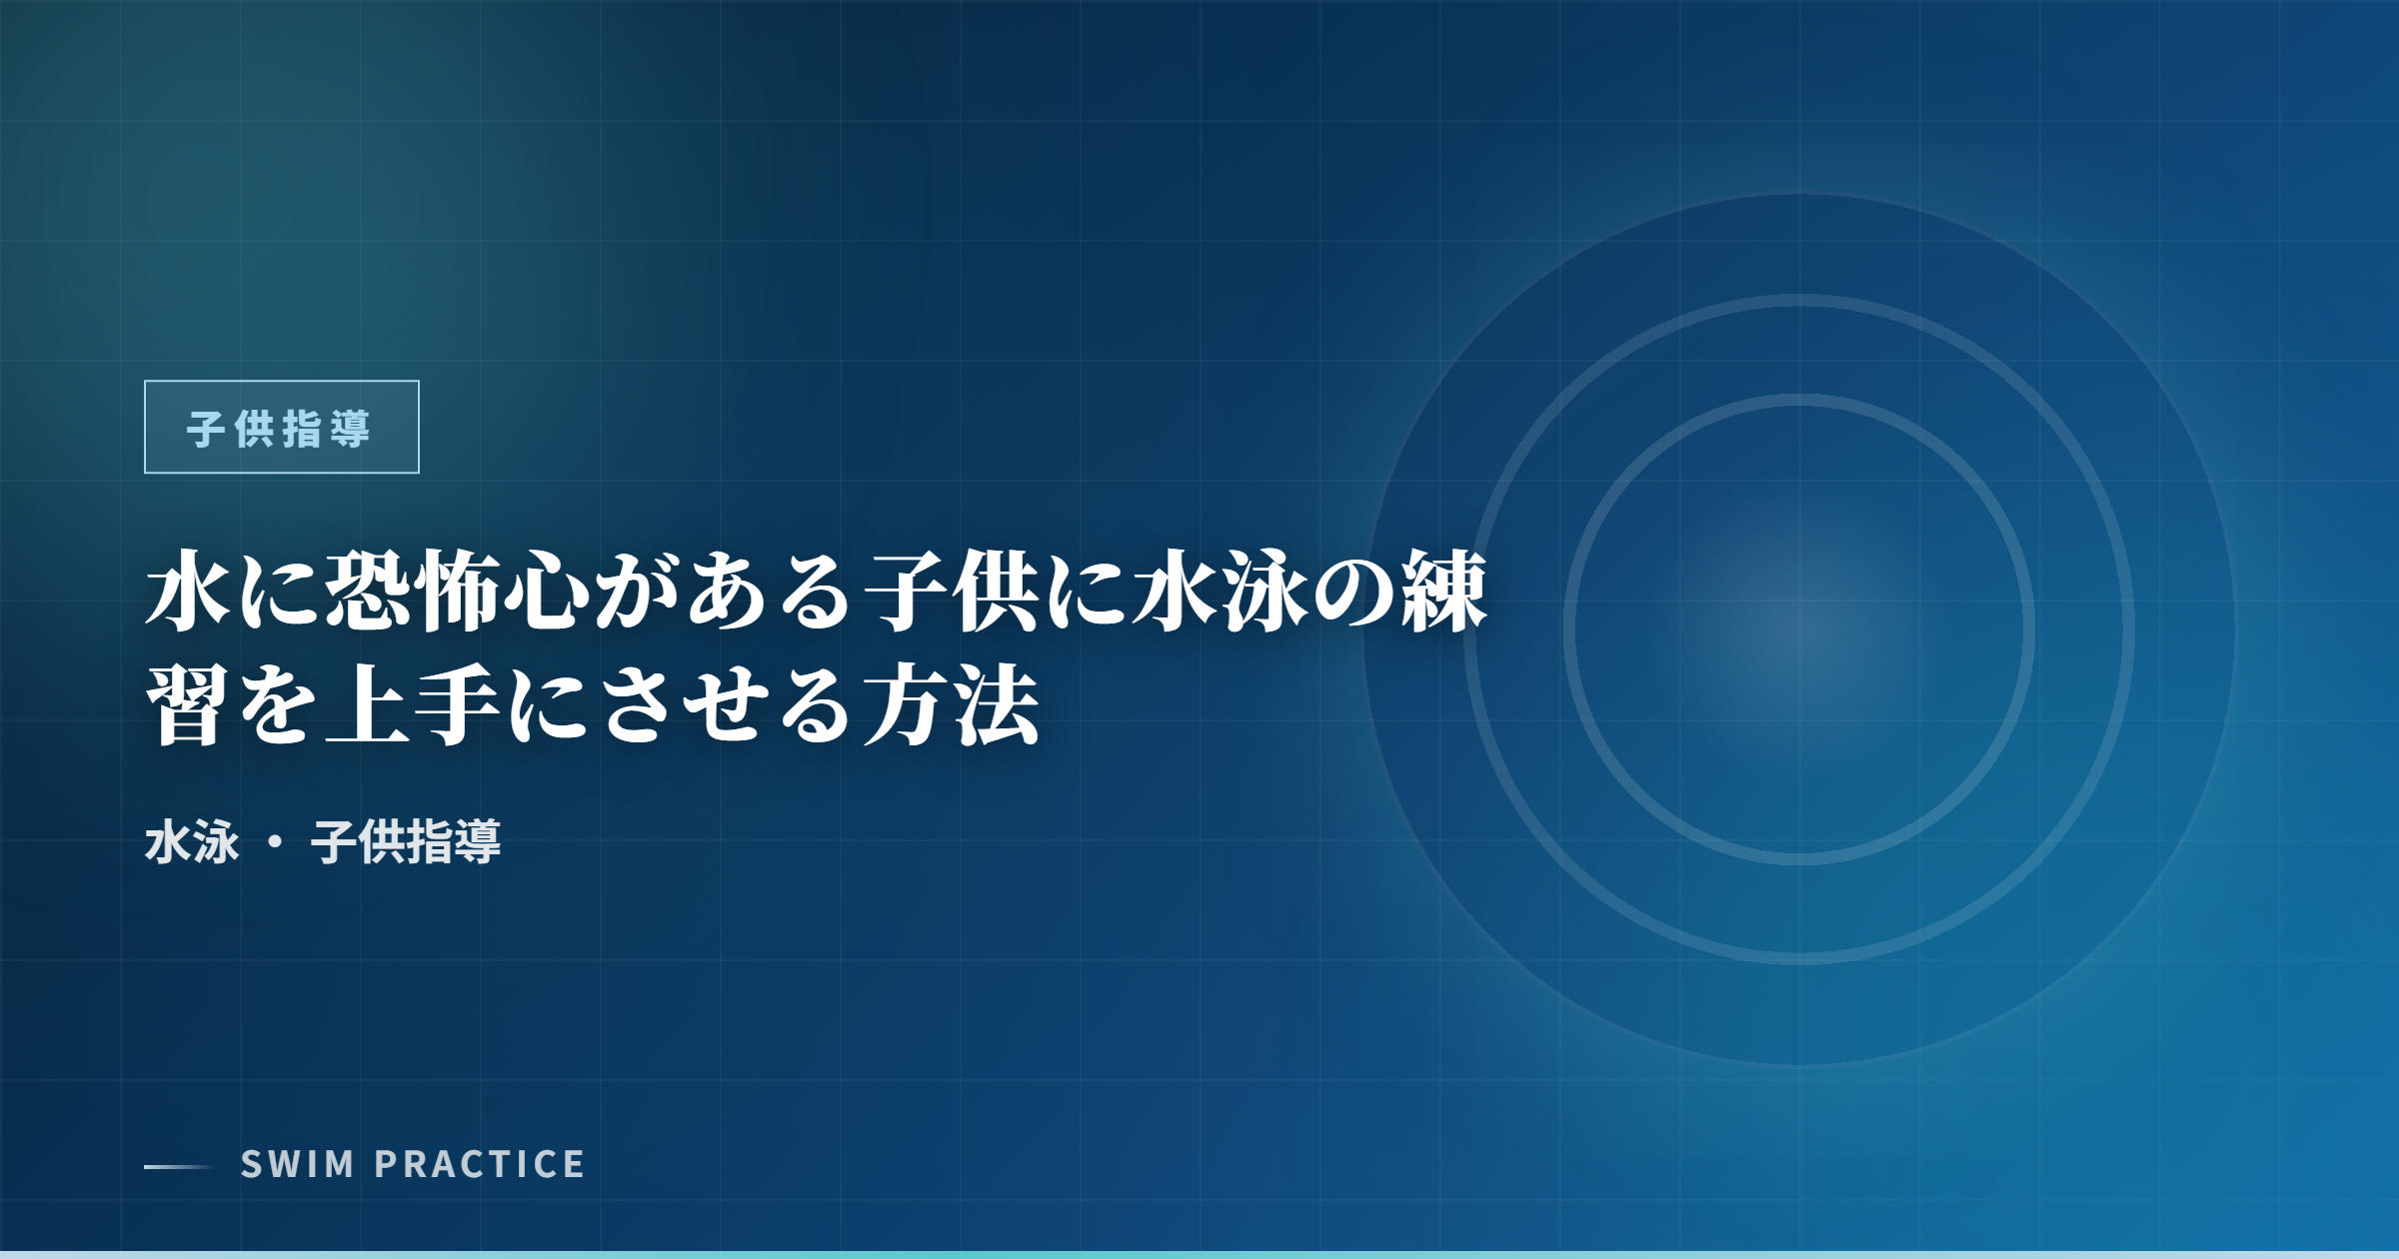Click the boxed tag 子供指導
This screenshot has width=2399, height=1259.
[281, 428]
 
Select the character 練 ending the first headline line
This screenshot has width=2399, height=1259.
[1443, 593]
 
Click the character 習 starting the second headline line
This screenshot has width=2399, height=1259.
[187, 706]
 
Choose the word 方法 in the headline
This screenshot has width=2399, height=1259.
[951, 706]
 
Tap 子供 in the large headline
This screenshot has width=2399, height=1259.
[951, 593]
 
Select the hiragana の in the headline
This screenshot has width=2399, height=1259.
[1353, 593]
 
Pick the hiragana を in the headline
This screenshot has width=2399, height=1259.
[277, 706]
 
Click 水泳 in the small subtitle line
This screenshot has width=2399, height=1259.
[192, 842]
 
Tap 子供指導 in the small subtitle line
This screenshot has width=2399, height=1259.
[406, 842]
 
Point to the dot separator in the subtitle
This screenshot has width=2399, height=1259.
[275, 842]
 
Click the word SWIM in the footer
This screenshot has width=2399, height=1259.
[298, 1165]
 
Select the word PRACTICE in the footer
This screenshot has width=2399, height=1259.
[480, 1165]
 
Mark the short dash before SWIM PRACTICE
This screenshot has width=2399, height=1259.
[178, 1166]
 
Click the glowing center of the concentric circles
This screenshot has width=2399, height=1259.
[1799, 629]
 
